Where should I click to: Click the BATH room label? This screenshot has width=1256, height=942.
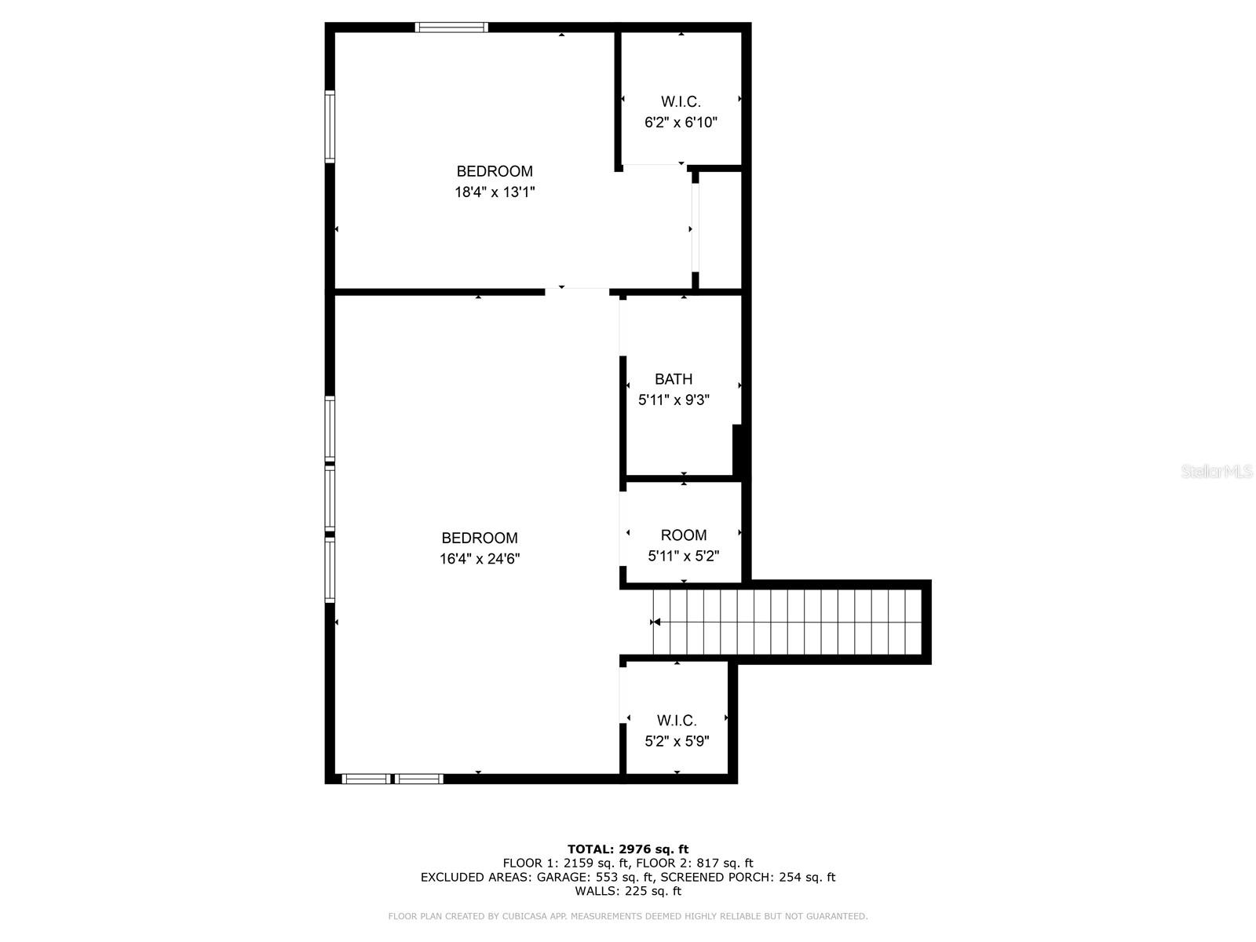(x=674, y=379)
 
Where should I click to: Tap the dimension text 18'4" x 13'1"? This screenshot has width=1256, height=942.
(x=495, y=192)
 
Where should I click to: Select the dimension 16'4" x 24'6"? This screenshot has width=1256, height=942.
(x=480, y=559)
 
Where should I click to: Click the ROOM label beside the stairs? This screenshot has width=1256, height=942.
(x=683, y=535)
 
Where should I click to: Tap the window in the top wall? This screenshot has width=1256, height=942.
(x=451, y=27)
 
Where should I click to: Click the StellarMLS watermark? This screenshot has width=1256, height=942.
(x=1218, y=472)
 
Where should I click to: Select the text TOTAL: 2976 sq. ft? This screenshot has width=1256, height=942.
(x=627, y=849)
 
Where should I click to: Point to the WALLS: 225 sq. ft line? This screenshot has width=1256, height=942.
(x=627, y=891)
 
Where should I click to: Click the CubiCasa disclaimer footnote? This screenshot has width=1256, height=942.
(x=627, y=916)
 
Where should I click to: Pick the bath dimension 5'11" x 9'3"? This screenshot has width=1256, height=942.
(x=674, y=400)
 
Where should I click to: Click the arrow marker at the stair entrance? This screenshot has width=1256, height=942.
(x=655, y=623)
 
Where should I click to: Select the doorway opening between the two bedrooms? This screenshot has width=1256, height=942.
(x=577, y=291)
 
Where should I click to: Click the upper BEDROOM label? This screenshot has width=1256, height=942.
(x=495, y=171)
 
